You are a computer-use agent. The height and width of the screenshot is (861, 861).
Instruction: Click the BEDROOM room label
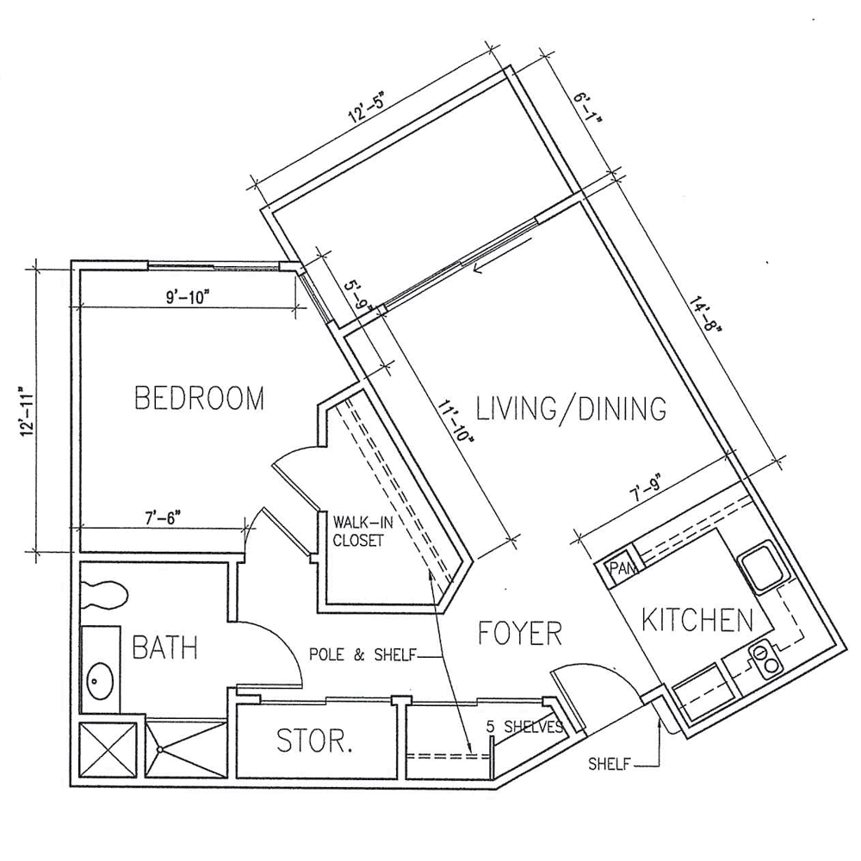[x=200, y=399]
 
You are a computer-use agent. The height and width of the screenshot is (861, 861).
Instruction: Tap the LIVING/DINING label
[x=571, y=408]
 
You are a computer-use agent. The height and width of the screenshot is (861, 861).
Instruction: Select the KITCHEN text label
[x=697, y=620]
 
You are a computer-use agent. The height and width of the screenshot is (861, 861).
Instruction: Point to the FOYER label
[x=520, y=633]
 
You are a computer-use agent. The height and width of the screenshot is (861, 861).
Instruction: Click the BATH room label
[x=164, y=647]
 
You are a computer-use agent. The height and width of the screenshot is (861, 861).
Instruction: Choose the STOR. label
[x=314, y=740]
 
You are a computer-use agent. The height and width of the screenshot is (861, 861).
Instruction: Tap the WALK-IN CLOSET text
[x=357, y=530]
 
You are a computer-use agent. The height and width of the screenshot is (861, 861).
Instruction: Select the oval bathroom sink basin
[x=100, y=681]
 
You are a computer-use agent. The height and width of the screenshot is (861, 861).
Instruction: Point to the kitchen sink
[x=763, y=567]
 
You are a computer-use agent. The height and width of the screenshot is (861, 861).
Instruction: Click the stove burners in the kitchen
[x=766, y=659]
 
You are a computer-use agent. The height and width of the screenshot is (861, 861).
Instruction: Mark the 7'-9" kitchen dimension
[x=643, y=487]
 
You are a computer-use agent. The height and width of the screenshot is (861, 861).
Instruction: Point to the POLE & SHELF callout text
[x=362, y=654]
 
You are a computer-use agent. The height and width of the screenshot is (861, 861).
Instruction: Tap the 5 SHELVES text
[x=524, y=727]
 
